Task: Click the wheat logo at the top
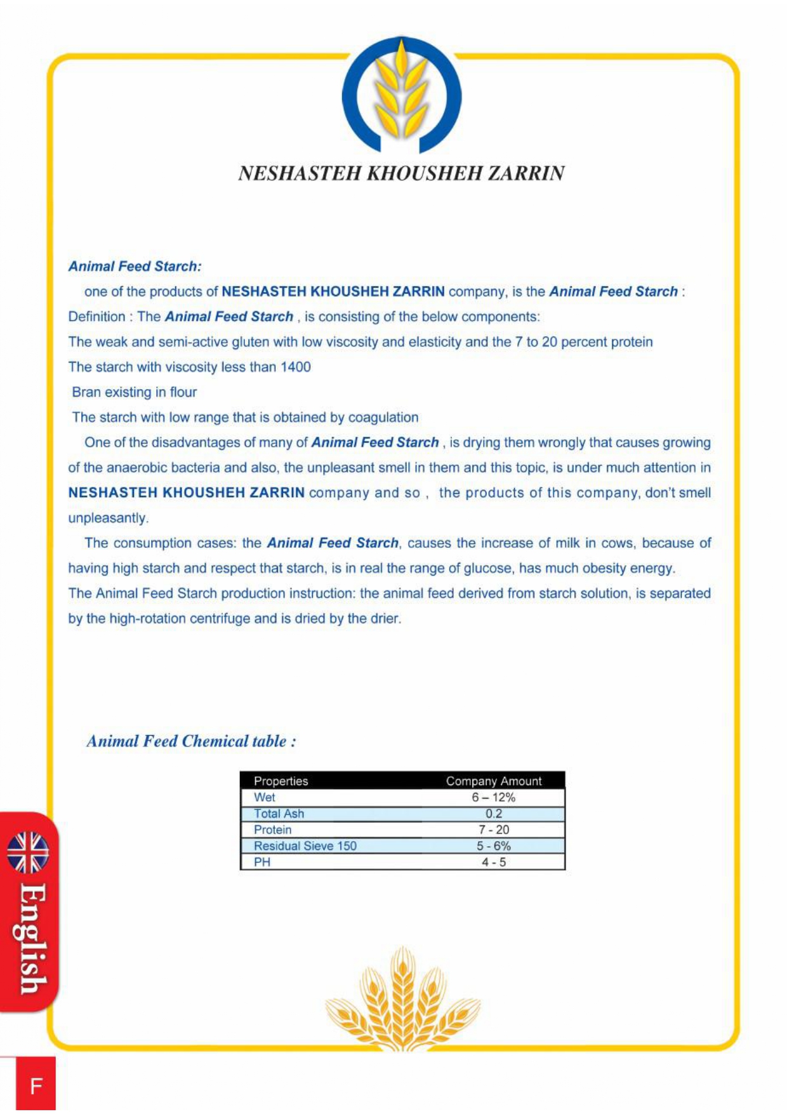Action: tap(401, 95)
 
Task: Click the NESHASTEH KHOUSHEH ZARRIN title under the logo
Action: tap(401, 173)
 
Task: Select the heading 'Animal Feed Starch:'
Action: tap(135, 267)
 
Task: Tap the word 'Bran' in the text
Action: tap(86, 392)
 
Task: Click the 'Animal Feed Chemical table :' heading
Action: tap(191, 741)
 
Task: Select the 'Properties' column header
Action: tap(281, 781)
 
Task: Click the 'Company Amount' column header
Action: tap(494, 781)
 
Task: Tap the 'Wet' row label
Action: tap(265, 798)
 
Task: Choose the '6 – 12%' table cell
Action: tap(494, 798)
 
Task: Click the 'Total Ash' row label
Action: tap(279, 814)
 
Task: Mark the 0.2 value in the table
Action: tap(494, 814)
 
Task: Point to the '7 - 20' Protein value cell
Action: tap(494, 830)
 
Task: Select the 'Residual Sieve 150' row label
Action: tap(305, 846)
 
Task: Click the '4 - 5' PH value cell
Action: tap(494, 863)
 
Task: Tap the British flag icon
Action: tap(28, 852)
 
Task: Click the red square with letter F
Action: tap(36, 1085)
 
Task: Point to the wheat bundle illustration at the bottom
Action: tap(402, 1000)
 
